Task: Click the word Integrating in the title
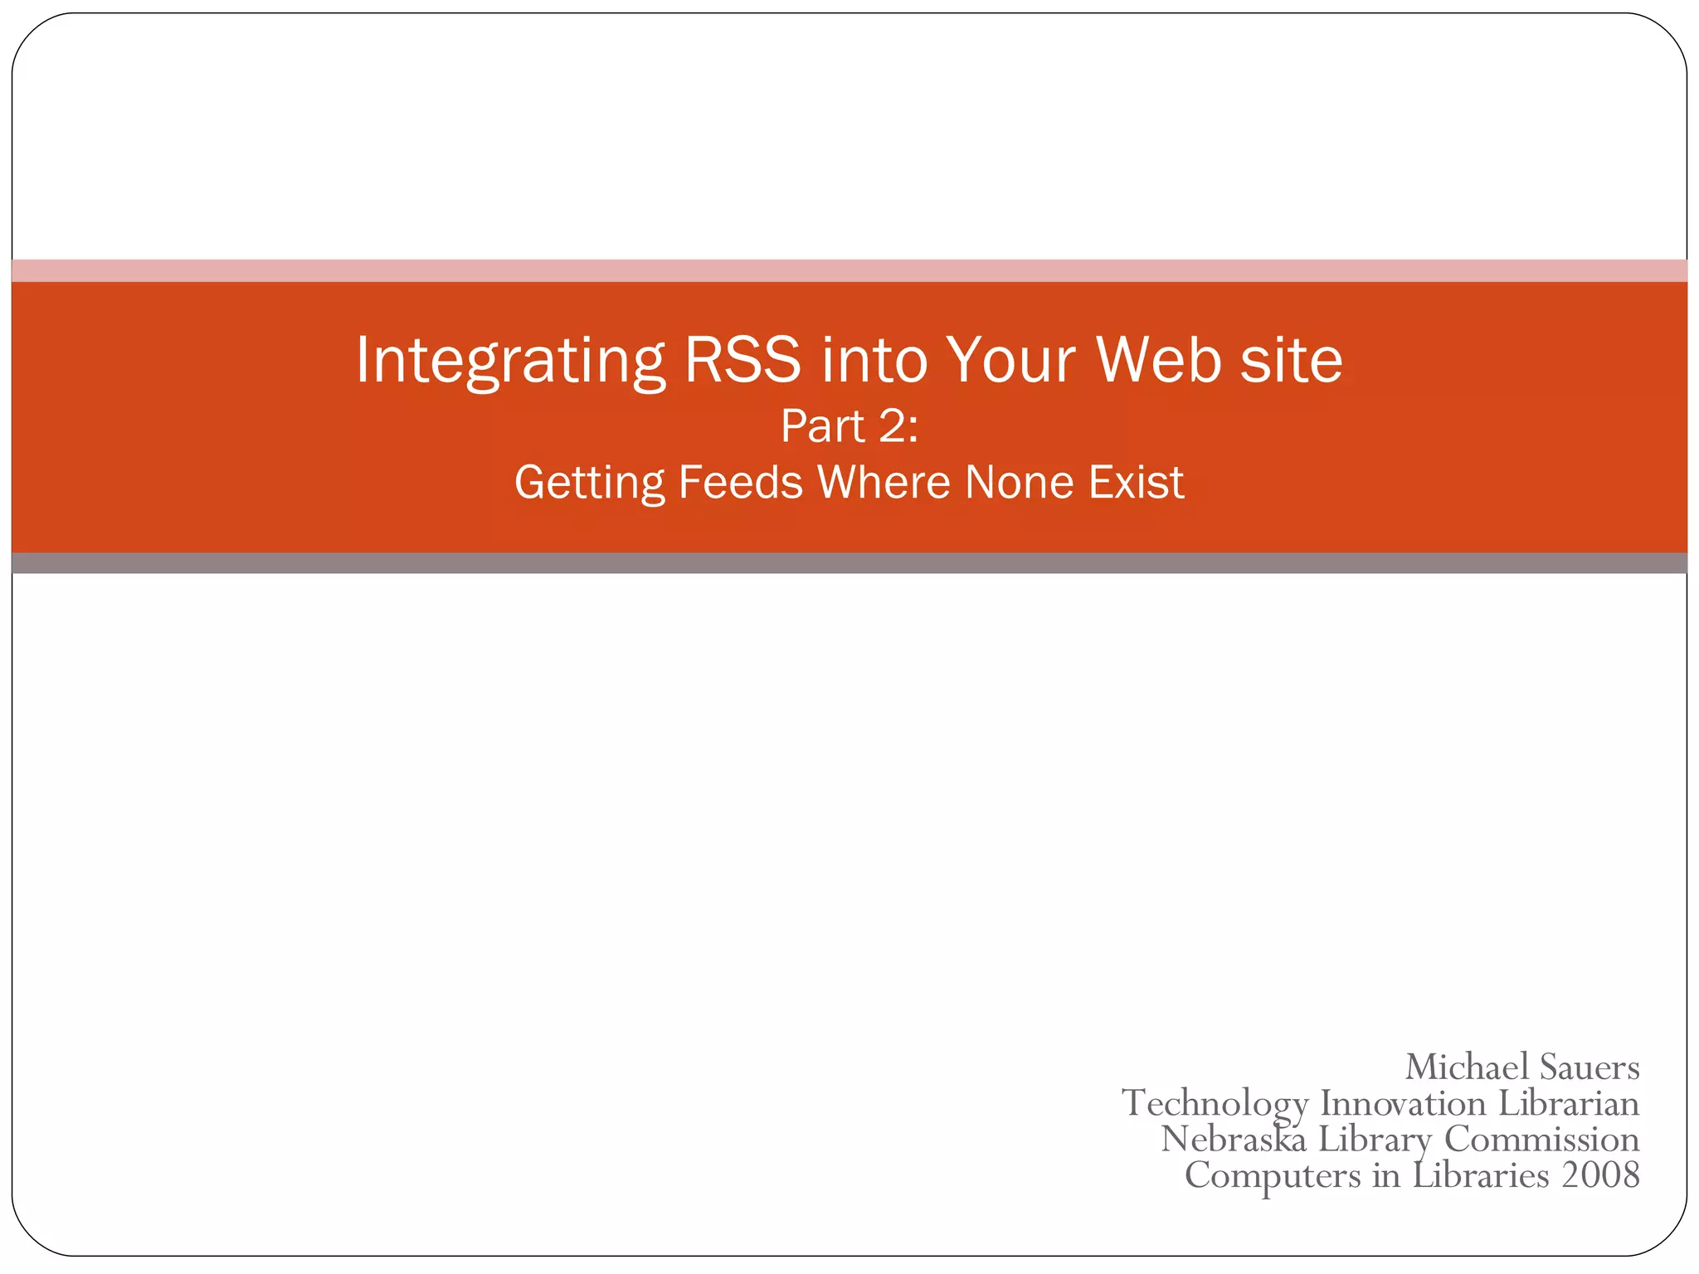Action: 510,361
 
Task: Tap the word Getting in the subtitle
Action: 589,483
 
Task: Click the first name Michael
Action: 1466,1067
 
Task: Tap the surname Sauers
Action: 1589,1067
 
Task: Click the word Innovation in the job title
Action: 1403,1103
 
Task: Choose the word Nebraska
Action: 1234,1139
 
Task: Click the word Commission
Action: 1541,1139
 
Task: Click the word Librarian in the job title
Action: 1569,1103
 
